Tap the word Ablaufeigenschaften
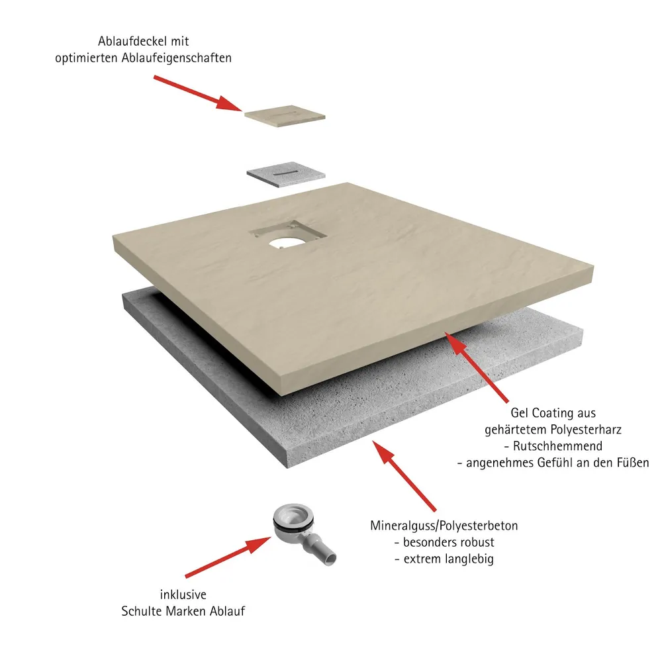point(177,58)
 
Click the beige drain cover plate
point(285,115)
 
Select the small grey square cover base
point(286,173)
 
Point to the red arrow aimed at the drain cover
point(197,93)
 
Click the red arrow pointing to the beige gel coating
point(477,367)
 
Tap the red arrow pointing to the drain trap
point(228,557)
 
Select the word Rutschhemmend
point(557,446)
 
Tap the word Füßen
point(633,463)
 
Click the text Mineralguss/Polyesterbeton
point(444,526)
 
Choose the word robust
point(475,542)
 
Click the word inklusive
point(183,594)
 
